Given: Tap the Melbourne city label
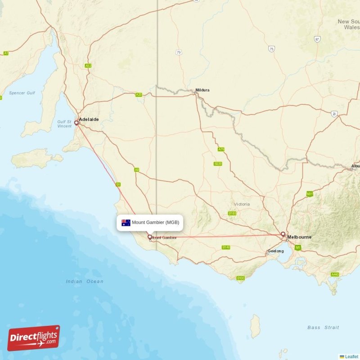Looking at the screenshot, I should click(299, 237).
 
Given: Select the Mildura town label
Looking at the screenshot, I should click(202, 90).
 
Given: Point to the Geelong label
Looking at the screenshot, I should click(275, 251).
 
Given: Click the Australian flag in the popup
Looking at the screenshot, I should click(126, 222).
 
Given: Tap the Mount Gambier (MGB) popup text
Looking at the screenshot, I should click(155, 222).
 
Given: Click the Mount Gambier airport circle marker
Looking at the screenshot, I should click(149, 237).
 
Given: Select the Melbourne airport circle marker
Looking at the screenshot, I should click(283, 234).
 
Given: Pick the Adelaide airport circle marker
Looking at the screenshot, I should click(76, 122).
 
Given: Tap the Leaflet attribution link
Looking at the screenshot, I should click(351, 356).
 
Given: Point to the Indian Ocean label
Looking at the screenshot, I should click(85, 281).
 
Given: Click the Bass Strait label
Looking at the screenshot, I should click(323, 328).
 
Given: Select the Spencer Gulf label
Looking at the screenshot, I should click(22, 93).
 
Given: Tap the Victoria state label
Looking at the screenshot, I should click(242, 204).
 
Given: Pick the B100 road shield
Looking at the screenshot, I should click(240, 279).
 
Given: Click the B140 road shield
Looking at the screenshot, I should click(226, 247).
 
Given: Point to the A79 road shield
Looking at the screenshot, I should click(220, 149).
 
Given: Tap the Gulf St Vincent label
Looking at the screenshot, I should click(64, 124).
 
